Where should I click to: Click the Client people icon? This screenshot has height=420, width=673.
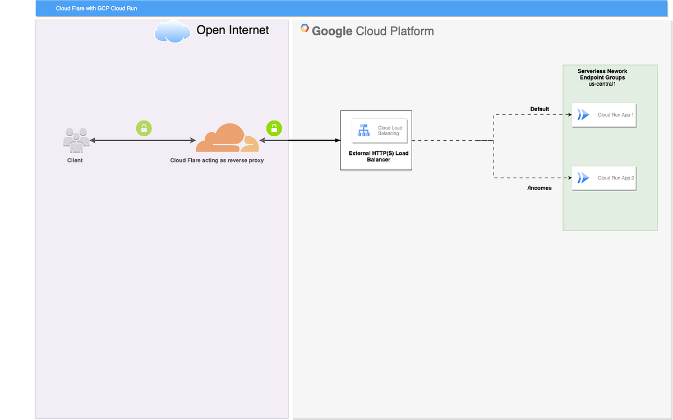(76, 140)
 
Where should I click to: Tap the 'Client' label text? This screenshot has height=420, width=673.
(75, 160)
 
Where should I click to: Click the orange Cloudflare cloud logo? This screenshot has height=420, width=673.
(227, 138)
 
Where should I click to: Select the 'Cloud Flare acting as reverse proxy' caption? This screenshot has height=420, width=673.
(217, 160)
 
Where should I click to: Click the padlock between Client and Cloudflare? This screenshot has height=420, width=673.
(144, 128)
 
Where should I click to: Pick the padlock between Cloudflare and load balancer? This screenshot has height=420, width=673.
(274, 128)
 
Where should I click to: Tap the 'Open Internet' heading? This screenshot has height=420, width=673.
(233, 30)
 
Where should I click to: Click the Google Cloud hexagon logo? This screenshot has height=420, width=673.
(305, 28)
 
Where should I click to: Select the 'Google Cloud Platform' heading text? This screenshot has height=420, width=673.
(372, 31)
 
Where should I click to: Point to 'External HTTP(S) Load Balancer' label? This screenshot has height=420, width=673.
(376, 156)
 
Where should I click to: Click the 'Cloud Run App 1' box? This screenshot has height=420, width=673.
(604, 115)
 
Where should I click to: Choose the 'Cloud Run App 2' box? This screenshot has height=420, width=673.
(604, 178)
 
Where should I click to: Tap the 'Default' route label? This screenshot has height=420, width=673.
(540, 109)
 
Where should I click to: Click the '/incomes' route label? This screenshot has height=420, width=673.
(539, 188)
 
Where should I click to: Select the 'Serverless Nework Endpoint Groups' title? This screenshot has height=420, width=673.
(602, 75)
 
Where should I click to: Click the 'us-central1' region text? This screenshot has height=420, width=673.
(602, 84)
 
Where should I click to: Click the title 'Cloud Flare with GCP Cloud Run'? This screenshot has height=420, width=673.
(96, 8)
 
